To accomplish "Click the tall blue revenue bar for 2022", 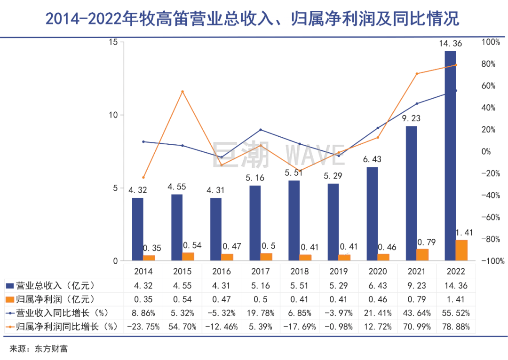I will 451,155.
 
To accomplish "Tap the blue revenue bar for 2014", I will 138,229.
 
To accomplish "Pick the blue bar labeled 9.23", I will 412,193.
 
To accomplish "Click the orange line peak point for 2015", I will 183,92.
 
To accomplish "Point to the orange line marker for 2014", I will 143,178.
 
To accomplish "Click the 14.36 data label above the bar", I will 450,44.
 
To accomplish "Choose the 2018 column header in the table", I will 300,272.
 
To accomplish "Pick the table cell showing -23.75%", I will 143,327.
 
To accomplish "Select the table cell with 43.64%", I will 417,313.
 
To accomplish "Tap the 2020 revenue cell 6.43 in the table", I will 378,285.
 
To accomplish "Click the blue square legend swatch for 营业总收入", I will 10,286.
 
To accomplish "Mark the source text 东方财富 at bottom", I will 55,349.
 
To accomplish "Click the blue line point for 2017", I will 261,130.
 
